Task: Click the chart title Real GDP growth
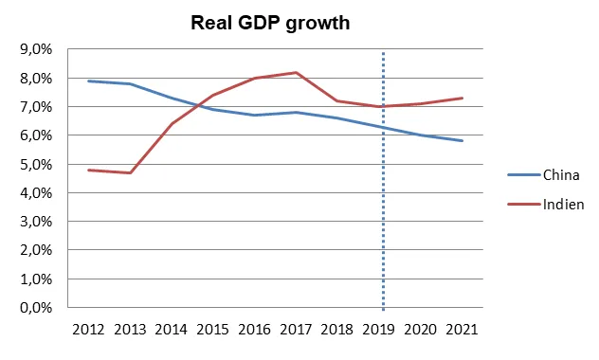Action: tap(270, 23)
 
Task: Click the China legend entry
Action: tap(544, 175)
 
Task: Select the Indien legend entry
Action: tap(546, 205)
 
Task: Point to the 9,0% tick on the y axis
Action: tap(36, 49)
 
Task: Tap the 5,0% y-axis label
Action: tap(36, 165)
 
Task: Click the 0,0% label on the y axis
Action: tap(36, 308)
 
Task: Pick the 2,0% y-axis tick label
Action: tap(36, 250)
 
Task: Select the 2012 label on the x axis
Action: tap(88, 330)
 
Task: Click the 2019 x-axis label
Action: tap(378, 330)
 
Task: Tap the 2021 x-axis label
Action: tap(462, 330)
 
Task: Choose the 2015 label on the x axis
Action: tap(213, 330)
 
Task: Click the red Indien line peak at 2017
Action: tap(296, 73)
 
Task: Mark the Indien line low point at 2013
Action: tap(130, 173)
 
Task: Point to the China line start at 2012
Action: tap(88, 81)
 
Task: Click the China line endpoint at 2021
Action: tap(463, 140)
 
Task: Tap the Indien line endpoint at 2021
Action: tap(463, 99)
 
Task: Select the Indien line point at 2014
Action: tap(172, 124)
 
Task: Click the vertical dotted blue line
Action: tap(383, 181)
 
